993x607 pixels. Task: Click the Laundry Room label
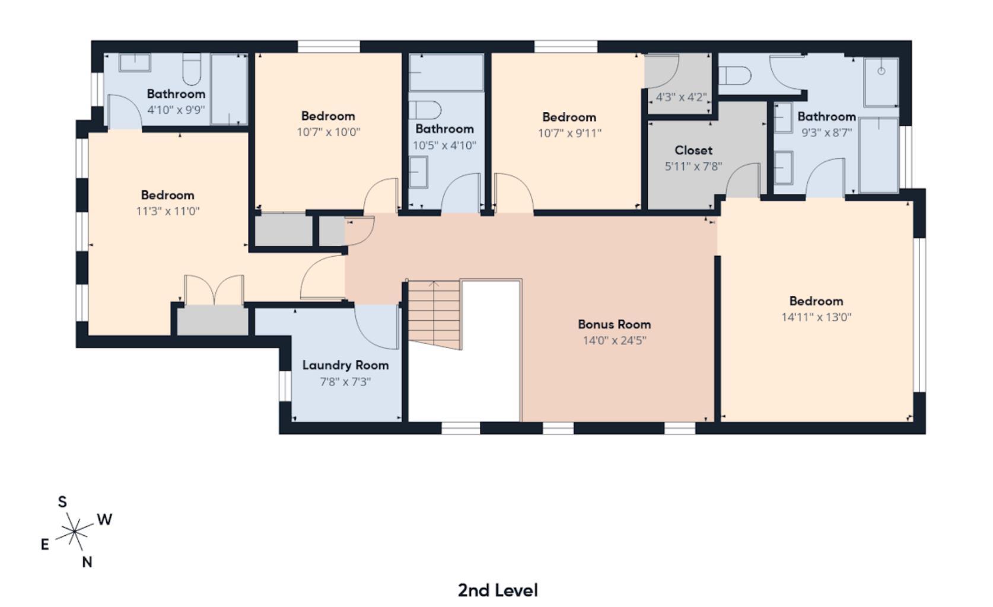(x=345, y=365)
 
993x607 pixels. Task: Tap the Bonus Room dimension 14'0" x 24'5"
(x=614, y=340)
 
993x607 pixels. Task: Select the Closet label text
(x=693, y=150)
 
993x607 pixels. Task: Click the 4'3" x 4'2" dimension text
(x=681, y=97)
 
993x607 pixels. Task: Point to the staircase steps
(x=434, y=314)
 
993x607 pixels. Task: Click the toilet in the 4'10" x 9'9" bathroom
(x=192, y=69)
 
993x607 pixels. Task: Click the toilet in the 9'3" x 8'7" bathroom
(x=735, y=76)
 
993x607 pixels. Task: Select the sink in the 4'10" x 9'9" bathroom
(x=135, y=63)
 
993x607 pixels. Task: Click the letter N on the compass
(x=87, y=562)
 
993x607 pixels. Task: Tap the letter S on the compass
(x=62, y=502)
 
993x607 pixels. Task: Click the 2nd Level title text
(x=497, y=590)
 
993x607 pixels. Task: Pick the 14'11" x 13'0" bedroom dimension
(x=816, y=317)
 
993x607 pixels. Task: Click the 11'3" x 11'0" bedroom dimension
(x=167, y=211)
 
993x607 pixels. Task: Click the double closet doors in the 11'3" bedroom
(x=214, y=290)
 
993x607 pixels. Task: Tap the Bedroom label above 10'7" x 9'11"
(x=568, y=117)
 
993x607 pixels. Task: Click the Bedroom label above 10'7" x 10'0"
(x=327, y=116)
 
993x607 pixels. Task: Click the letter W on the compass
(x=104, y=520)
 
